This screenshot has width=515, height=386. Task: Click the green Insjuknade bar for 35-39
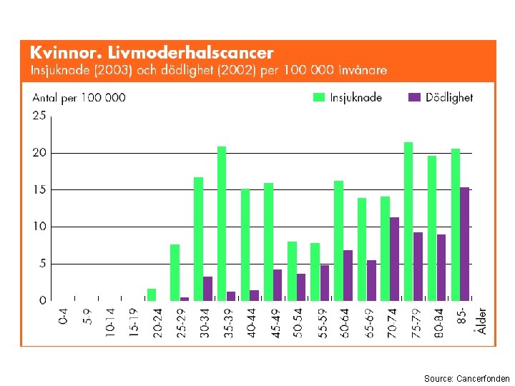[x=222, y=224]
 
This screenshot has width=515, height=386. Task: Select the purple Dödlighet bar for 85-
[x=464, y=244]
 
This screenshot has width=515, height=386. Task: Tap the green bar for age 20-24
[x=152, y=295]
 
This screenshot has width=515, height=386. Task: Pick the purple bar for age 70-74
[x=394, y=259]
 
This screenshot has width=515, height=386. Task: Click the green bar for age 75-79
[x=408, y=222]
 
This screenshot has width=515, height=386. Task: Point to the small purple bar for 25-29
[x=185, y=299]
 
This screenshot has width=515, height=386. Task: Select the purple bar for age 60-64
[x=348, y=276]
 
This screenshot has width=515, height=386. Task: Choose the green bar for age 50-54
[x=292, y=272]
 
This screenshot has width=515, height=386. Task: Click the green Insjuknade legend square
[x=318, y=97]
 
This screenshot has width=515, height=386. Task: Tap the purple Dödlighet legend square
[x=414, y=97]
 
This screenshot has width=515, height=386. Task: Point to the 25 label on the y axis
[x=39, y=116]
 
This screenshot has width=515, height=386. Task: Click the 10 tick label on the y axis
[x=39, y=227]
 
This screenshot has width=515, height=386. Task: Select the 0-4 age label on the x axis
[x=63, y=317]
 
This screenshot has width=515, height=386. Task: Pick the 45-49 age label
[x=276, y=323]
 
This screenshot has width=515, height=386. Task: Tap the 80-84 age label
[x=438, y=323]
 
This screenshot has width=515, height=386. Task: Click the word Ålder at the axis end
[x=481, y=321]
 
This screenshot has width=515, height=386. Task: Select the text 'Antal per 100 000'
[x=79, y=98]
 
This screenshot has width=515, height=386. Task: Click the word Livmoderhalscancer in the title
[x=190, y=53]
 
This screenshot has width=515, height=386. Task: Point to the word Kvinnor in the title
[x=65, y=53]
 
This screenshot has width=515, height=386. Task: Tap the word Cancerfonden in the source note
[x=483, y=379]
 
